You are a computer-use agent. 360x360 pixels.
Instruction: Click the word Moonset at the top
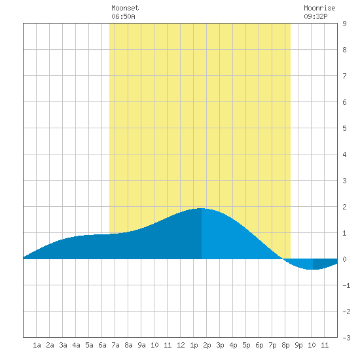(x=125, y=8)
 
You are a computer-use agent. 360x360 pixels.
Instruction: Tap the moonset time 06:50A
(x=123, y=16)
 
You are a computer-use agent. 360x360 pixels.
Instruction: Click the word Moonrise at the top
(x=319, y=8)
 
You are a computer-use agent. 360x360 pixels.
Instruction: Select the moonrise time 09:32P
(x=315, y=16)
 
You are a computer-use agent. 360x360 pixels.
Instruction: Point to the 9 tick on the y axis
(x=344, y=24)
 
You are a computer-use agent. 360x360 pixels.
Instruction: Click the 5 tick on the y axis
(x=344, y=128)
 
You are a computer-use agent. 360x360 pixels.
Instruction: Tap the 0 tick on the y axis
(x=344, y=259)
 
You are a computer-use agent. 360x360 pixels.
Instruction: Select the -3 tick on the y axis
(x=346, y=338)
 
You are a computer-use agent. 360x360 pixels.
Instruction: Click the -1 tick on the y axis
(x=346, y=285)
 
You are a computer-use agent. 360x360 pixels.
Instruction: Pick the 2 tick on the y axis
(x=344, y=207)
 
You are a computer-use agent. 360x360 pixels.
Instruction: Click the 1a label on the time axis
(x=37, y=345)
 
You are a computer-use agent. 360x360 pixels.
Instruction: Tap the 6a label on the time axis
(x=102, y=345)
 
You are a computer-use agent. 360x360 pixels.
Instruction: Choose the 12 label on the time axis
(x=181, y=345)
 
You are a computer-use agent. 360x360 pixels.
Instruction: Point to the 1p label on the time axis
(x=194, y=346)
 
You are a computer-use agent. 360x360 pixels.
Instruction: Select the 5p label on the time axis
(x=246, y=346)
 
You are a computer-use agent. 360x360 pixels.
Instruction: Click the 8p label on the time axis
(x=285, y=346)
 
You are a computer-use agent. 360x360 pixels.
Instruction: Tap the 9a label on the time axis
(x=141, y=345)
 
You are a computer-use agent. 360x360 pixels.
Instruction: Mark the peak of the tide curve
(x=202, y=208)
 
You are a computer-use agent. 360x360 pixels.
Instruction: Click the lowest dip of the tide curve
(x=313, y=269)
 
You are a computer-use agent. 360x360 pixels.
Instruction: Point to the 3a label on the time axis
(x=63, y=345)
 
